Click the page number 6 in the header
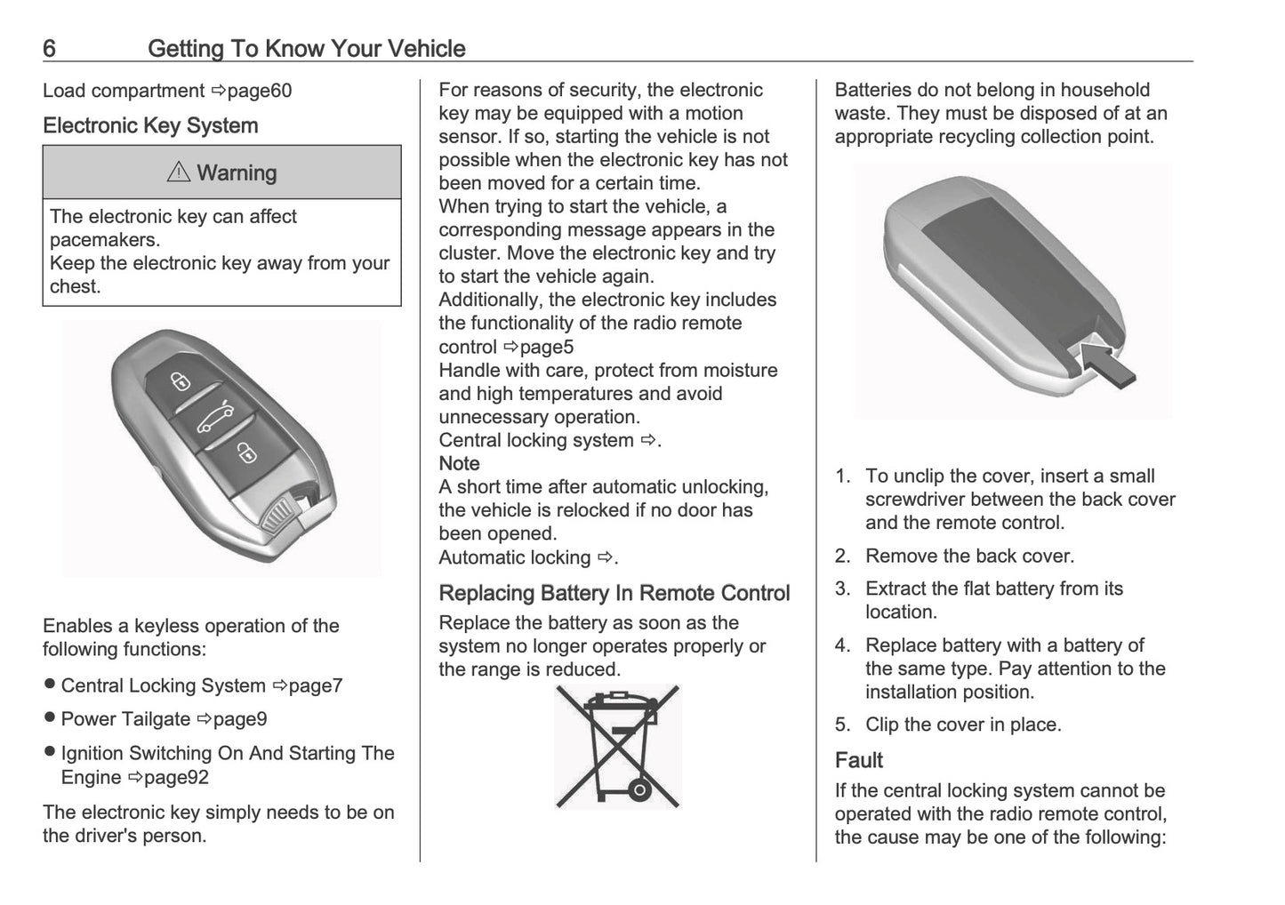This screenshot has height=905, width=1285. coord(49,48)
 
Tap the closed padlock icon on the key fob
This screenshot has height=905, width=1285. coord(246,454)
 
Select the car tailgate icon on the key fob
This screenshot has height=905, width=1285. coord(215,416)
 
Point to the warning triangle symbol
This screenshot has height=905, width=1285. coord(178,172)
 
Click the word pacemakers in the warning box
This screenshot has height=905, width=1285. coord(105,240)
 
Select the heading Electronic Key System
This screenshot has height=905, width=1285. coord(150,126)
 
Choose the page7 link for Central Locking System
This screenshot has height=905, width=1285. coord(316,685)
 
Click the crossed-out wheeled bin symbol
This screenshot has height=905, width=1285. coord(618,746)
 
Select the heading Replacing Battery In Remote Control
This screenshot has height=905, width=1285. coord(614,593)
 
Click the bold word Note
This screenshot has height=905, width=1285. coord(459,463)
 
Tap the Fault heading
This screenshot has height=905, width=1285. coord(858,760)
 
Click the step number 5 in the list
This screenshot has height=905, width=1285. coord(841,725)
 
